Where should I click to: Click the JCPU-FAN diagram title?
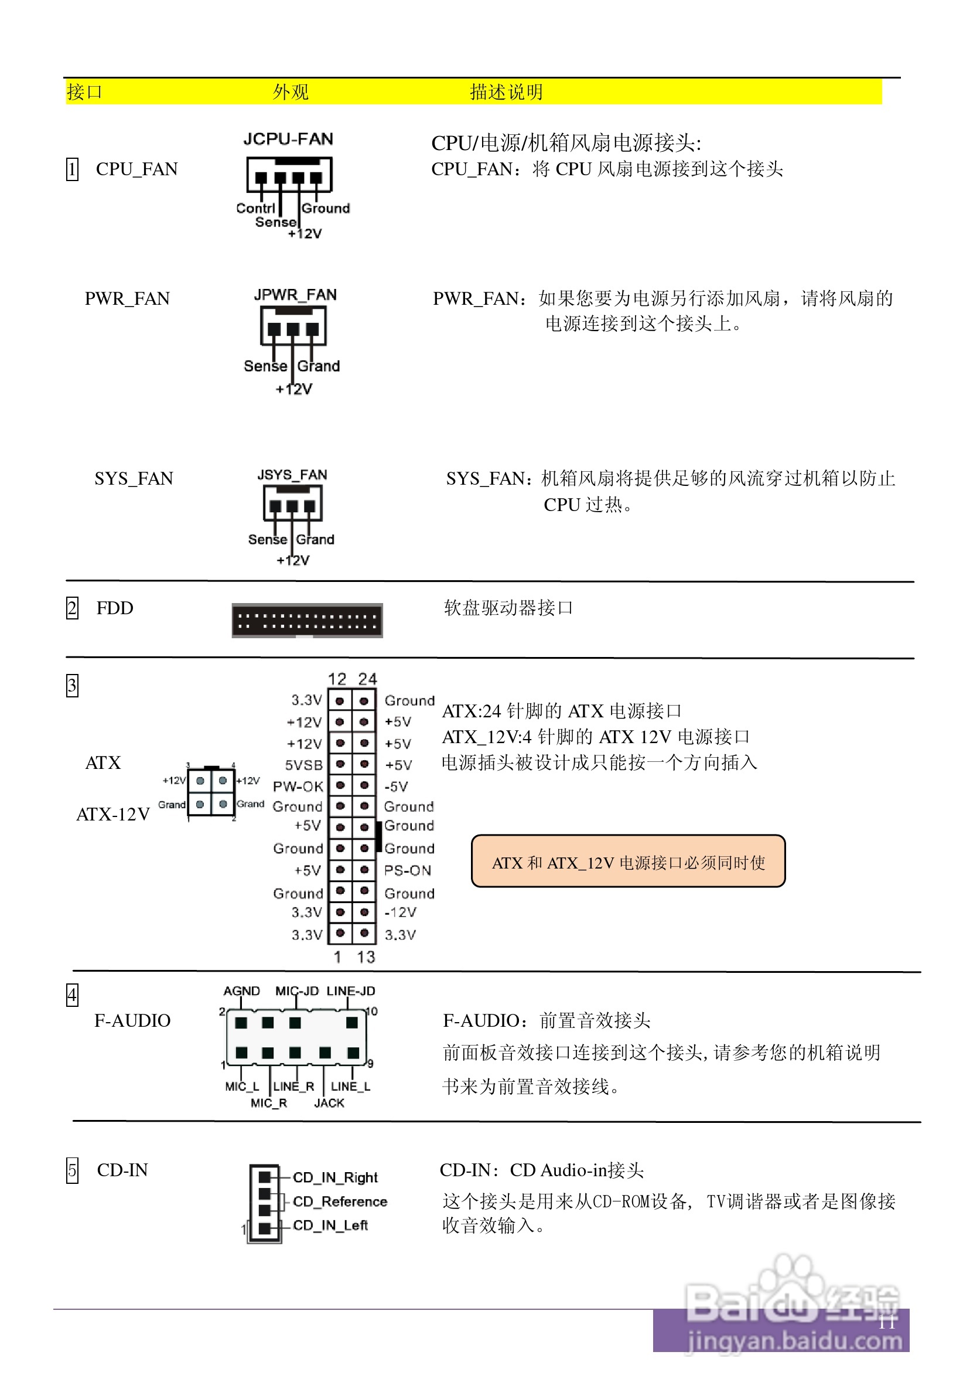pos(288,139)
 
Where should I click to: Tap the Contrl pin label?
pos(255,208)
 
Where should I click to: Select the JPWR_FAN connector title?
pos(295,295)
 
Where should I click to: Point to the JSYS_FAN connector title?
pos(292,474)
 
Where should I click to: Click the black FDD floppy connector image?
pos(307,620)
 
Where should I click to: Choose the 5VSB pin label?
pos(303,765)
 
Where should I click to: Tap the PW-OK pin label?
pos(298,786)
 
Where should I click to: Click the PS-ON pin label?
pos(408,870)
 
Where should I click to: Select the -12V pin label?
pos(401,912)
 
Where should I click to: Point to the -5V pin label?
pos(397,786)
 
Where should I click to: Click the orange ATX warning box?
pos(627,862)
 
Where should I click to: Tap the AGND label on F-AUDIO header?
pos(241,991)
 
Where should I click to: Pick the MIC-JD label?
pos(297,991)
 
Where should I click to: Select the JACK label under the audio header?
pos(329,1103)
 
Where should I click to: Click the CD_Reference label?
pos(340,1201)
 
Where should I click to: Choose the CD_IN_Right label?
pos(335,1177)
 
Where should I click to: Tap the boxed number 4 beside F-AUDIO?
pos(72,995)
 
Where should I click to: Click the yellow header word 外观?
pos(290,92)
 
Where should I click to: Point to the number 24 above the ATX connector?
pos(367,679)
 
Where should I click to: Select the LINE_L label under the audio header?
pos(350,1087)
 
